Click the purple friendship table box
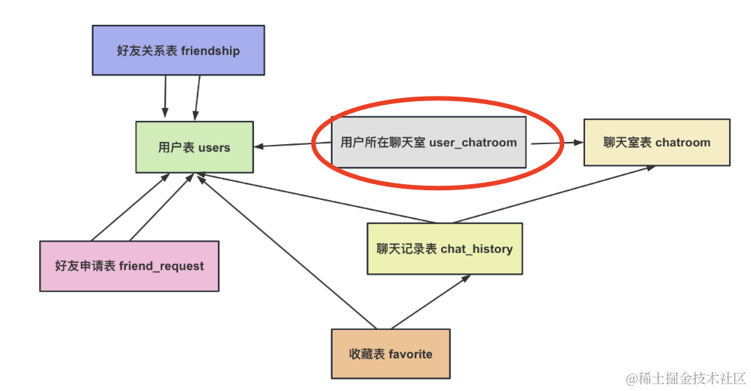tap(178, 51)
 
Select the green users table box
tap(194, 147)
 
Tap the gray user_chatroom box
tap(429, 142)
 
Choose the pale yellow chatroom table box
tap(657, 142)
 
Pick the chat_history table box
tap(444, 248)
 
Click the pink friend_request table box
tap(129, 266)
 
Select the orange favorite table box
tap(390, 353)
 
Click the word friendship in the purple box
tap(210, 51)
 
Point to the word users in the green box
tap(214, 148)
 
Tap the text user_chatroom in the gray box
tap(473, 142)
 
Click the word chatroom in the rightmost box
tap(682, 142)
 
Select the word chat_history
tap(476, 248)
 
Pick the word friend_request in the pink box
tap(161, 266)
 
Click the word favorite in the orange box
tap(410, 353)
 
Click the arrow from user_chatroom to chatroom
tap(556, 142)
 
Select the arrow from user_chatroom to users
tap(284, 144)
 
